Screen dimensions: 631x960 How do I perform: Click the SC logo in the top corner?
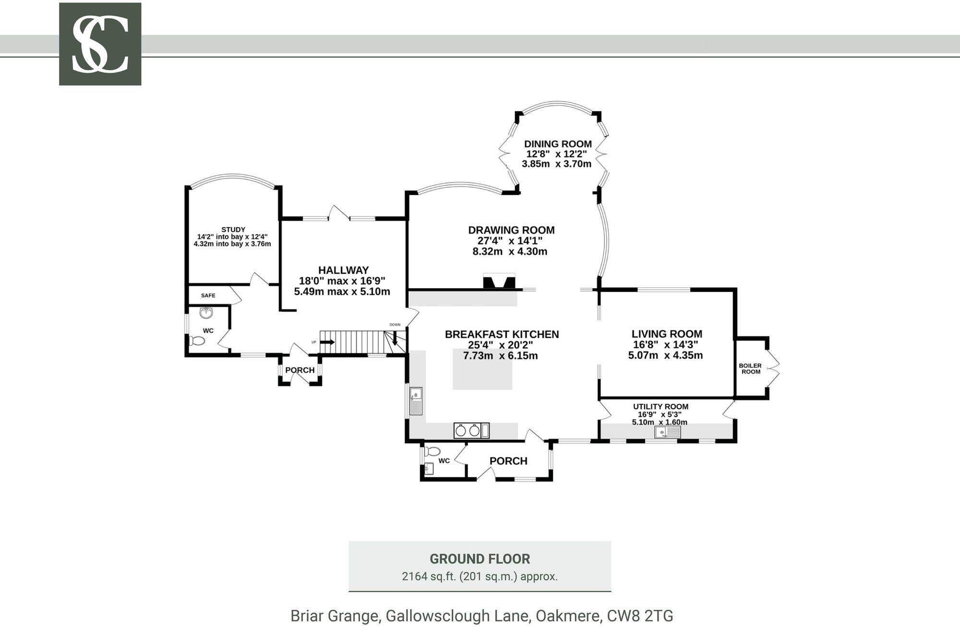pos(100,44)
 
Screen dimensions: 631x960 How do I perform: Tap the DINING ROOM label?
pos(558,144)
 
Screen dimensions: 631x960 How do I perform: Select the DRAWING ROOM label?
pos(511,230)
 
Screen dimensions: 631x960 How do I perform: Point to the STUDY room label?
pos(233,230)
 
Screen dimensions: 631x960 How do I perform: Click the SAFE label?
pos(208,295)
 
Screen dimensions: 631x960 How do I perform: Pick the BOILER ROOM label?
pos(751,369)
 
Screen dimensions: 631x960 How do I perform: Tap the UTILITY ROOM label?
pos(660,407)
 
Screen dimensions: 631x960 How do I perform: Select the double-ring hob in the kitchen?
pos(468,430)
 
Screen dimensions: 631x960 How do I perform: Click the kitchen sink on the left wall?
pos(416,401)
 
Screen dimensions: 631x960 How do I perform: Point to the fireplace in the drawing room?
pos(499,281)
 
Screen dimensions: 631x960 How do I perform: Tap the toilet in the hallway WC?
pos(197,341)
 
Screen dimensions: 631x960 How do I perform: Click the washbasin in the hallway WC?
pos(207,313)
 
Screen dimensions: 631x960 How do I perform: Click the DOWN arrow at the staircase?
pos(395,340)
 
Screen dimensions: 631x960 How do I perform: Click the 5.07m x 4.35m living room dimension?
pos(665,356)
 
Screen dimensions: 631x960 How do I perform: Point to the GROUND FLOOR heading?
pos(480,559)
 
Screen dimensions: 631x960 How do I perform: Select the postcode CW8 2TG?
pos(640,616)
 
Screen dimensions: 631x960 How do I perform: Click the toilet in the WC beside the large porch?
pos(433,451)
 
